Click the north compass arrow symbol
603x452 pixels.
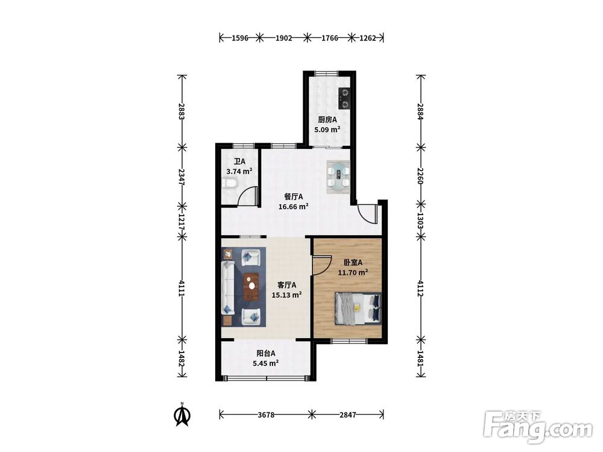[x=183, y=415]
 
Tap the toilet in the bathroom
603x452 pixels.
[x=229, y=184]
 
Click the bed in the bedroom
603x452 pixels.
[x=358, y=308]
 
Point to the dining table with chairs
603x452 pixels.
[x=338, y=177]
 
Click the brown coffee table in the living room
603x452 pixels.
[x=251, y=286]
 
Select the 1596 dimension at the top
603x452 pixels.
[x=239, y=38]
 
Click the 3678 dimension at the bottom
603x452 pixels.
[x=266, y=415]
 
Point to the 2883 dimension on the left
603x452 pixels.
[x=182, y=111]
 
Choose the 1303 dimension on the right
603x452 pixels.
[x=421, y=221]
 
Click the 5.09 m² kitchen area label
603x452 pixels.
[x=327, y=130]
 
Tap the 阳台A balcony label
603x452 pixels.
[x=266, y=353]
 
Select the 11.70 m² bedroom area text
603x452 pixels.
[x=353, y=272]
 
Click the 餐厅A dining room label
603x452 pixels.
[x=294, y=197]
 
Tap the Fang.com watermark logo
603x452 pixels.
[x=538, y=426]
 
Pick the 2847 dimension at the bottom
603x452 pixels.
[x=348, y=415]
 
